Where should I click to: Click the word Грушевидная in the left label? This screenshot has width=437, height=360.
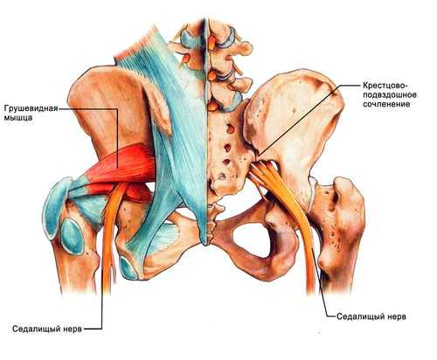[31, 109]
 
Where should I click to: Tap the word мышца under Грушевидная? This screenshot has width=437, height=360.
[18, 118]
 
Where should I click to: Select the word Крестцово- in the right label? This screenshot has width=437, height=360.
[386, 86]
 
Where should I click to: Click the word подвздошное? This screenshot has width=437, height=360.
[390, 95]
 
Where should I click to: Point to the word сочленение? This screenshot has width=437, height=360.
[386, 104]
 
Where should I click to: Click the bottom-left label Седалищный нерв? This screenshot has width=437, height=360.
[47, 329]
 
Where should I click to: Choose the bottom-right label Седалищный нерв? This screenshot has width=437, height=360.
[371, 316]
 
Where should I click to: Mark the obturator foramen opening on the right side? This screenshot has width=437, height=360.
[251, 238]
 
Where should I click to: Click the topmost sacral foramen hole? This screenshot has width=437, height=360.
[230, 128]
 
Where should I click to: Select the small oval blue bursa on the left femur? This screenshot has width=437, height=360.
[72, 236]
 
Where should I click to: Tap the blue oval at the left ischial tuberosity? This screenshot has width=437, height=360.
[128, 267]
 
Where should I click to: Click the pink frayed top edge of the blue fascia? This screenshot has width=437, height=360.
[137, 43]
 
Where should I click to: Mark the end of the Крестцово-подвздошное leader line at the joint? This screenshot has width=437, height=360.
[259, 154]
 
